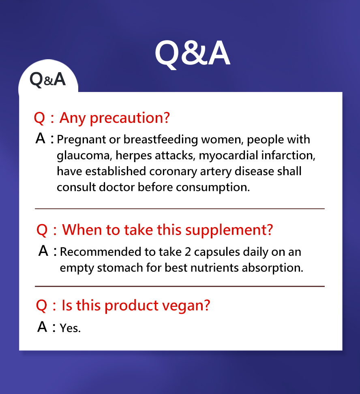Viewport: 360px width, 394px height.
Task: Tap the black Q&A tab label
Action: click(x=48, y=79)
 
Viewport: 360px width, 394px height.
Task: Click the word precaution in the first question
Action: click(x=130, y=118)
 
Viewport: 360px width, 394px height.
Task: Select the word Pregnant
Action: click(x=81, y=140)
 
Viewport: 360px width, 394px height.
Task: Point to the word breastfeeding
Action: click(x=161, y=140)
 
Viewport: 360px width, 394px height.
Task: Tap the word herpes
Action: click(x=133, y=156)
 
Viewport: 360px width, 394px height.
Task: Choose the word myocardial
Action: click(x=228, y=156)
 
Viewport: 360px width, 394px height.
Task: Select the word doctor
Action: click(x=117, y=187)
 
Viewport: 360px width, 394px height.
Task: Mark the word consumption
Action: click(x=213, y=188)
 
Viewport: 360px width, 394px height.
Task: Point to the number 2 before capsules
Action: click(x=188, y=252)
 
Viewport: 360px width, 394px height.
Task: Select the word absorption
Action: click(x=272, y=268)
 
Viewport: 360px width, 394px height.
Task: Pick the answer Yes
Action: click(x=70, y=328)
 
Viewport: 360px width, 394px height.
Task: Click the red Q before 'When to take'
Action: click(x=42, y=230)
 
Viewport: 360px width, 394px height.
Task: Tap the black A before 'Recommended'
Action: click(x=43, y=251)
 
